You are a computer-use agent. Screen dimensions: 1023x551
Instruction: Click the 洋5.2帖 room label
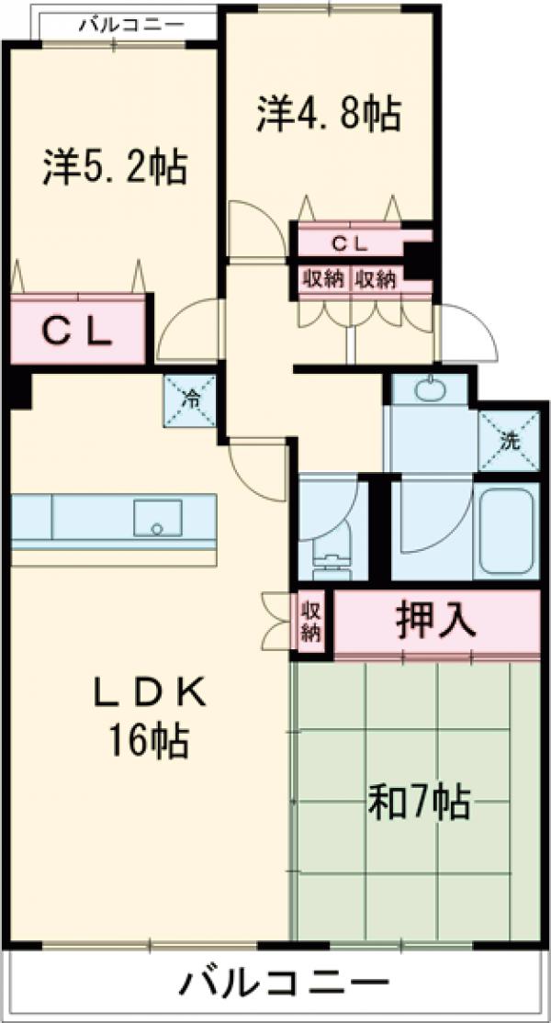115,168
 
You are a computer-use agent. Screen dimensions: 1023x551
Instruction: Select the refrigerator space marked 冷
192,399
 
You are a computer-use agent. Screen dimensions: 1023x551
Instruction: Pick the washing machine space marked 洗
508,440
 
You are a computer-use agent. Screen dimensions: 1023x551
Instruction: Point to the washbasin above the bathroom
428,389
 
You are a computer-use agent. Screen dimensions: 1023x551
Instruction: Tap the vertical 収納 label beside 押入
311,623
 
